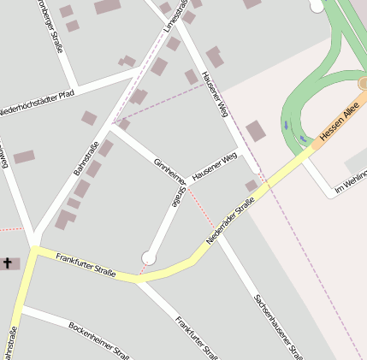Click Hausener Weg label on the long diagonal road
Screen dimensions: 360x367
216,94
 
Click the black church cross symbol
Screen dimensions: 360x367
9,263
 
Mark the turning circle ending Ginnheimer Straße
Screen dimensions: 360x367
149,257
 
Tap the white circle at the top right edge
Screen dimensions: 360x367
317,5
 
